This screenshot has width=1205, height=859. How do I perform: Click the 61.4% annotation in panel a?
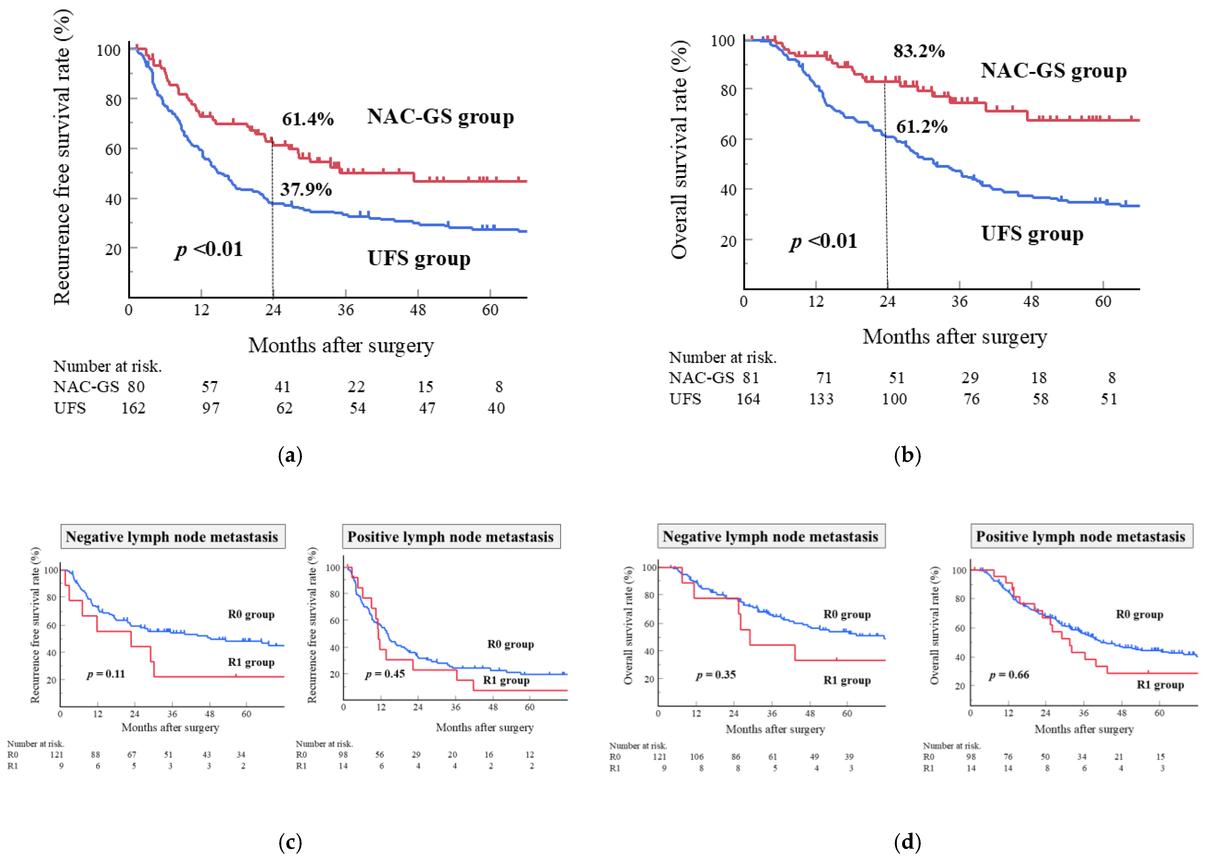coord(307,119)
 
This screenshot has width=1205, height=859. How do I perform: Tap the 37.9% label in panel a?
coord(306,189)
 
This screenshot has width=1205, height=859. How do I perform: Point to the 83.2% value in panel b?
coord(919,51)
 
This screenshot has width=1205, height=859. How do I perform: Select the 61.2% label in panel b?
coord(921,127)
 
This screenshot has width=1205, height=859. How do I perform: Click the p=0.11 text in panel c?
coord(106,674)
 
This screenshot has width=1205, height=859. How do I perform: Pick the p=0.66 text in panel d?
coord(1009,675)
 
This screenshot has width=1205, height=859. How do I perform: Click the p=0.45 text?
coord(385,674)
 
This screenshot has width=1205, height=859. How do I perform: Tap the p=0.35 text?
coord(716,675)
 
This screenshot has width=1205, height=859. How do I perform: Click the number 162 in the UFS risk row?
coord(133,408)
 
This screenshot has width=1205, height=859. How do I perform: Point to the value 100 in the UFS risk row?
coord(894,399)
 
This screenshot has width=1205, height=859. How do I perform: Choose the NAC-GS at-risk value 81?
coord(751,378)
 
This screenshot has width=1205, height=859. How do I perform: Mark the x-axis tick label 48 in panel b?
coord(1031,302)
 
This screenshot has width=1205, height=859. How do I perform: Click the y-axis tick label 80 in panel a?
coord(113,100)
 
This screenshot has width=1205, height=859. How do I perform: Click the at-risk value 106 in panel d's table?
coord(697,757)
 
